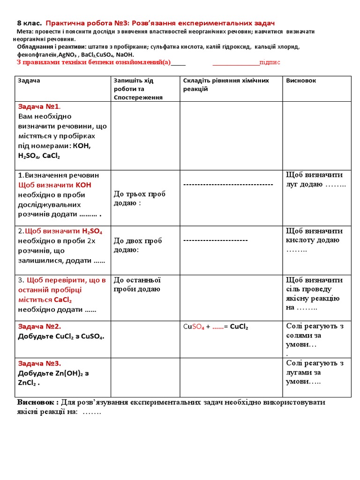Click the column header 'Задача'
pos(29,81)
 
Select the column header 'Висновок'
pos(301,81)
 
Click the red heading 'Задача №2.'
pos(39,326)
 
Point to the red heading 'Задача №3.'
pos(39,363)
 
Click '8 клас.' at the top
pos(29,23)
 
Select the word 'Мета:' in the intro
pos(25,31)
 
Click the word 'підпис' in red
pos(270,62)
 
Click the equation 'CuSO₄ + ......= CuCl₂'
pos(216,327)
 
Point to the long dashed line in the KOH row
pos(228,185)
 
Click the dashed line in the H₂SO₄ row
pos(215,240)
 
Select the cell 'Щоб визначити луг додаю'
pos(315,180)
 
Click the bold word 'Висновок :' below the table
pos(38,403)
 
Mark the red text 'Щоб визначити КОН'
pos(55,185)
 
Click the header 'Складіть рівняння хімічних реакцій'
pos(226,84)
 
